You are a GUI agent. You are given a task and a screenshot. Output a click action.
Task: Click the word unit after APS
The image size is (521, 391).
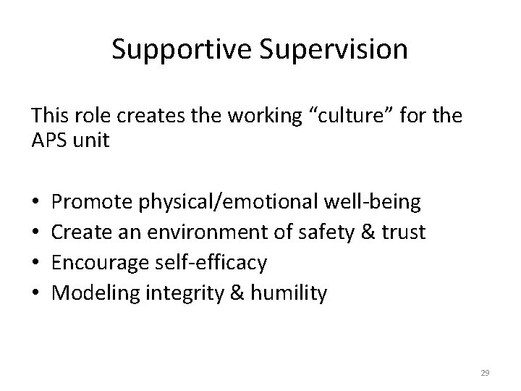90,140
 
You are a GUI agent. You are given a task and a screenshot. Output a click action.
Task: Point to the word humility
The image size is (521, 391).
289,293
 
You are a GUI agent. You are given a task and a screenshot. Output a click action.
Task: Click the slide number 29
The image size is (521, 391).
485,372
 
